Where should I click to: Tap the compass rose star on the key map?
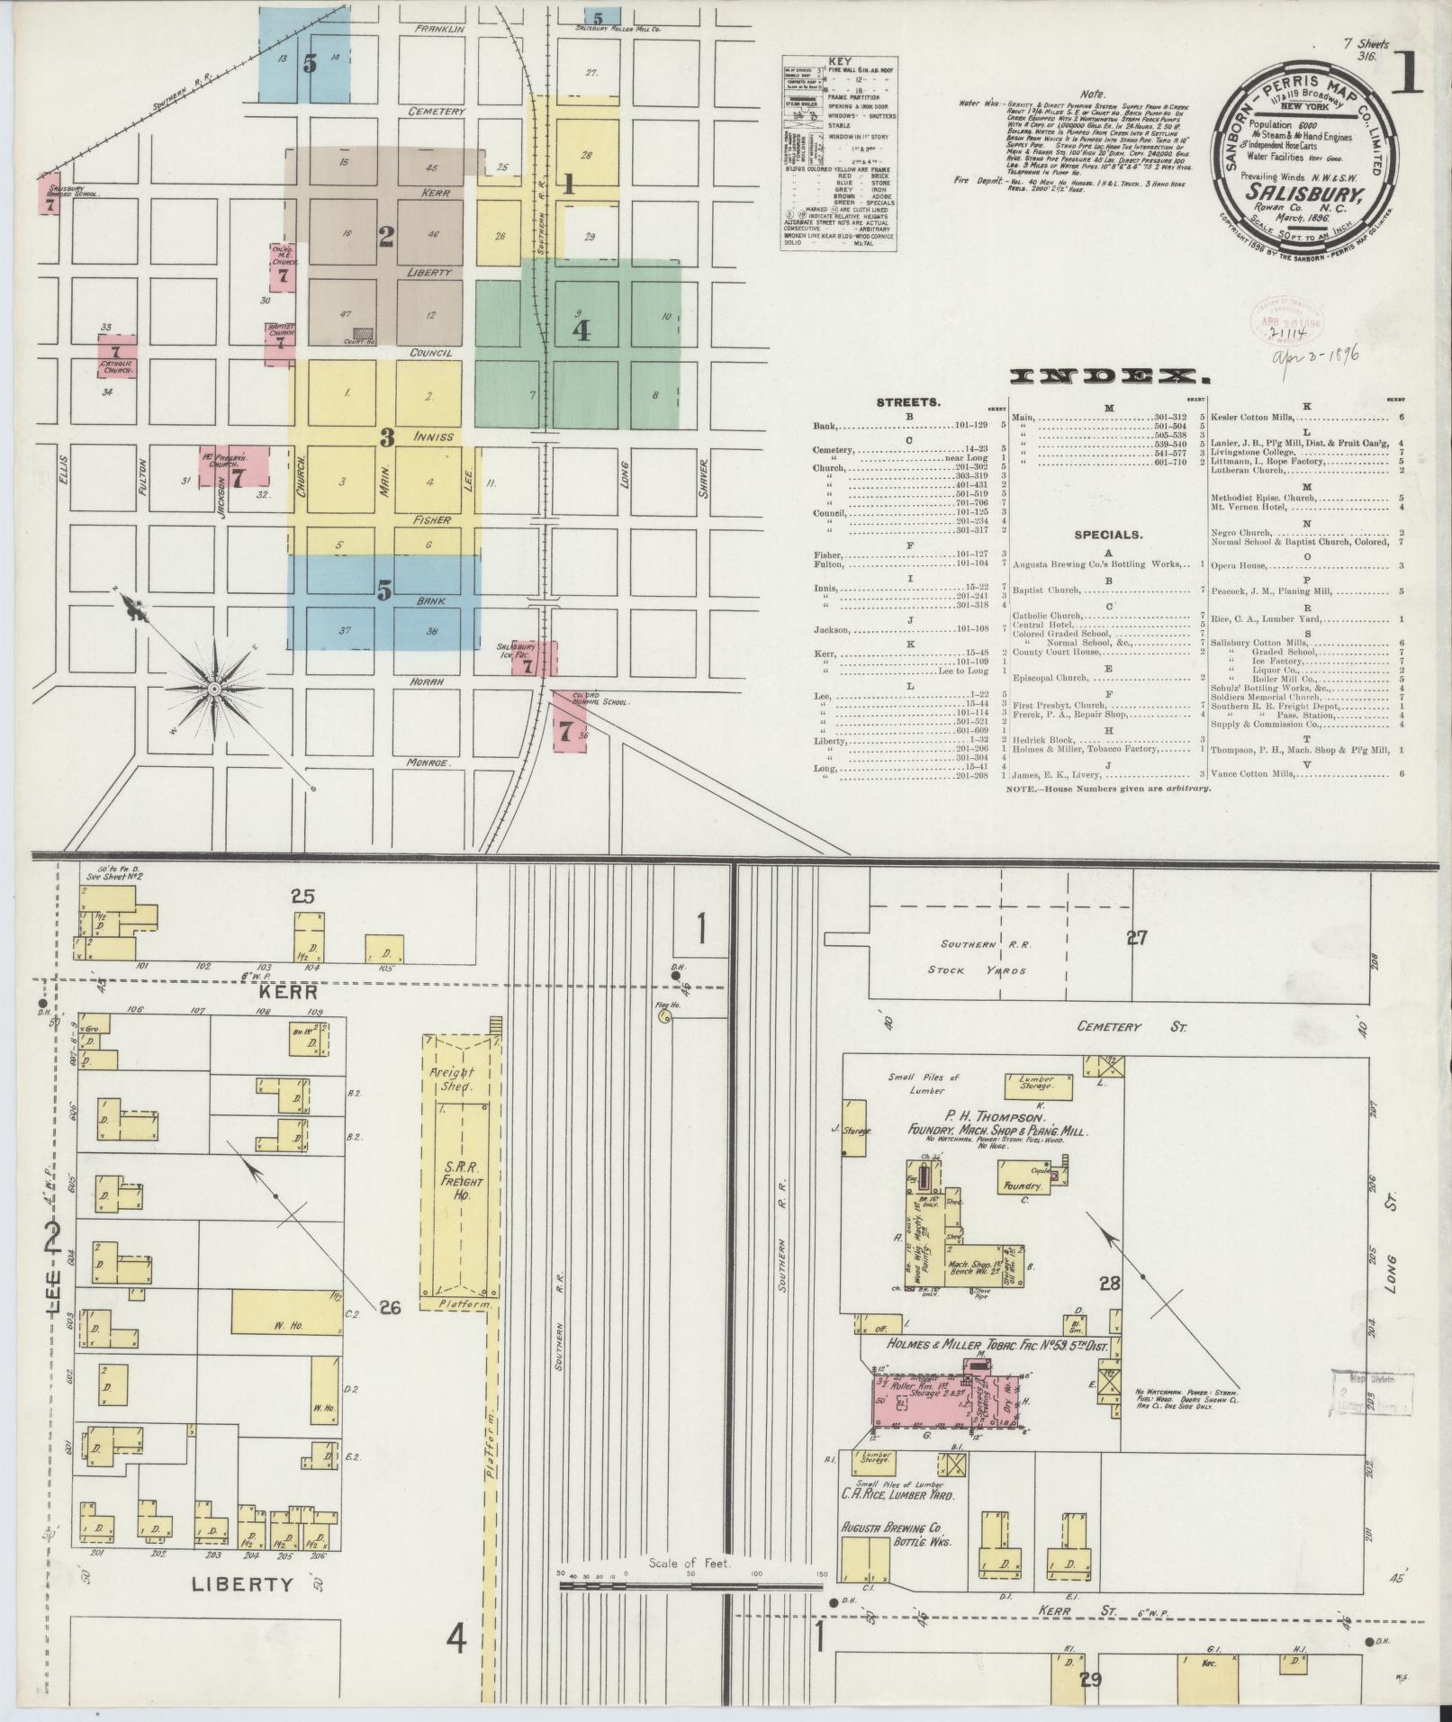click(215, 689)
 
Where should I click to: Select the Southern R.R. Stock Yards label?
click(984, 958)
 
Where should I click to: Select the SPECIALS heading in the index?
click(1107, 535)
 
